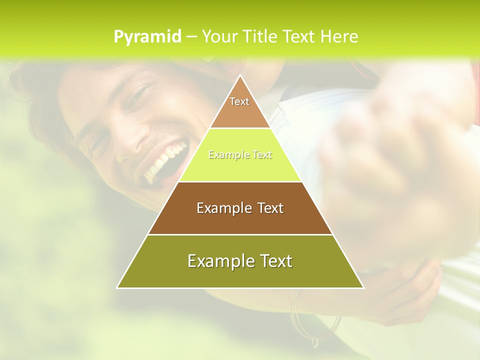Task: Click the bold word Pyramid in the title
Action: coord(147,37)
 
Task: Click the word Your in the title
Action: coord(219,37)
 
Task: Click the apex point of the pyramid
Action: coord(240,76)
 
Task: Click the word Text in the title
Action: coord(300,37)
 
